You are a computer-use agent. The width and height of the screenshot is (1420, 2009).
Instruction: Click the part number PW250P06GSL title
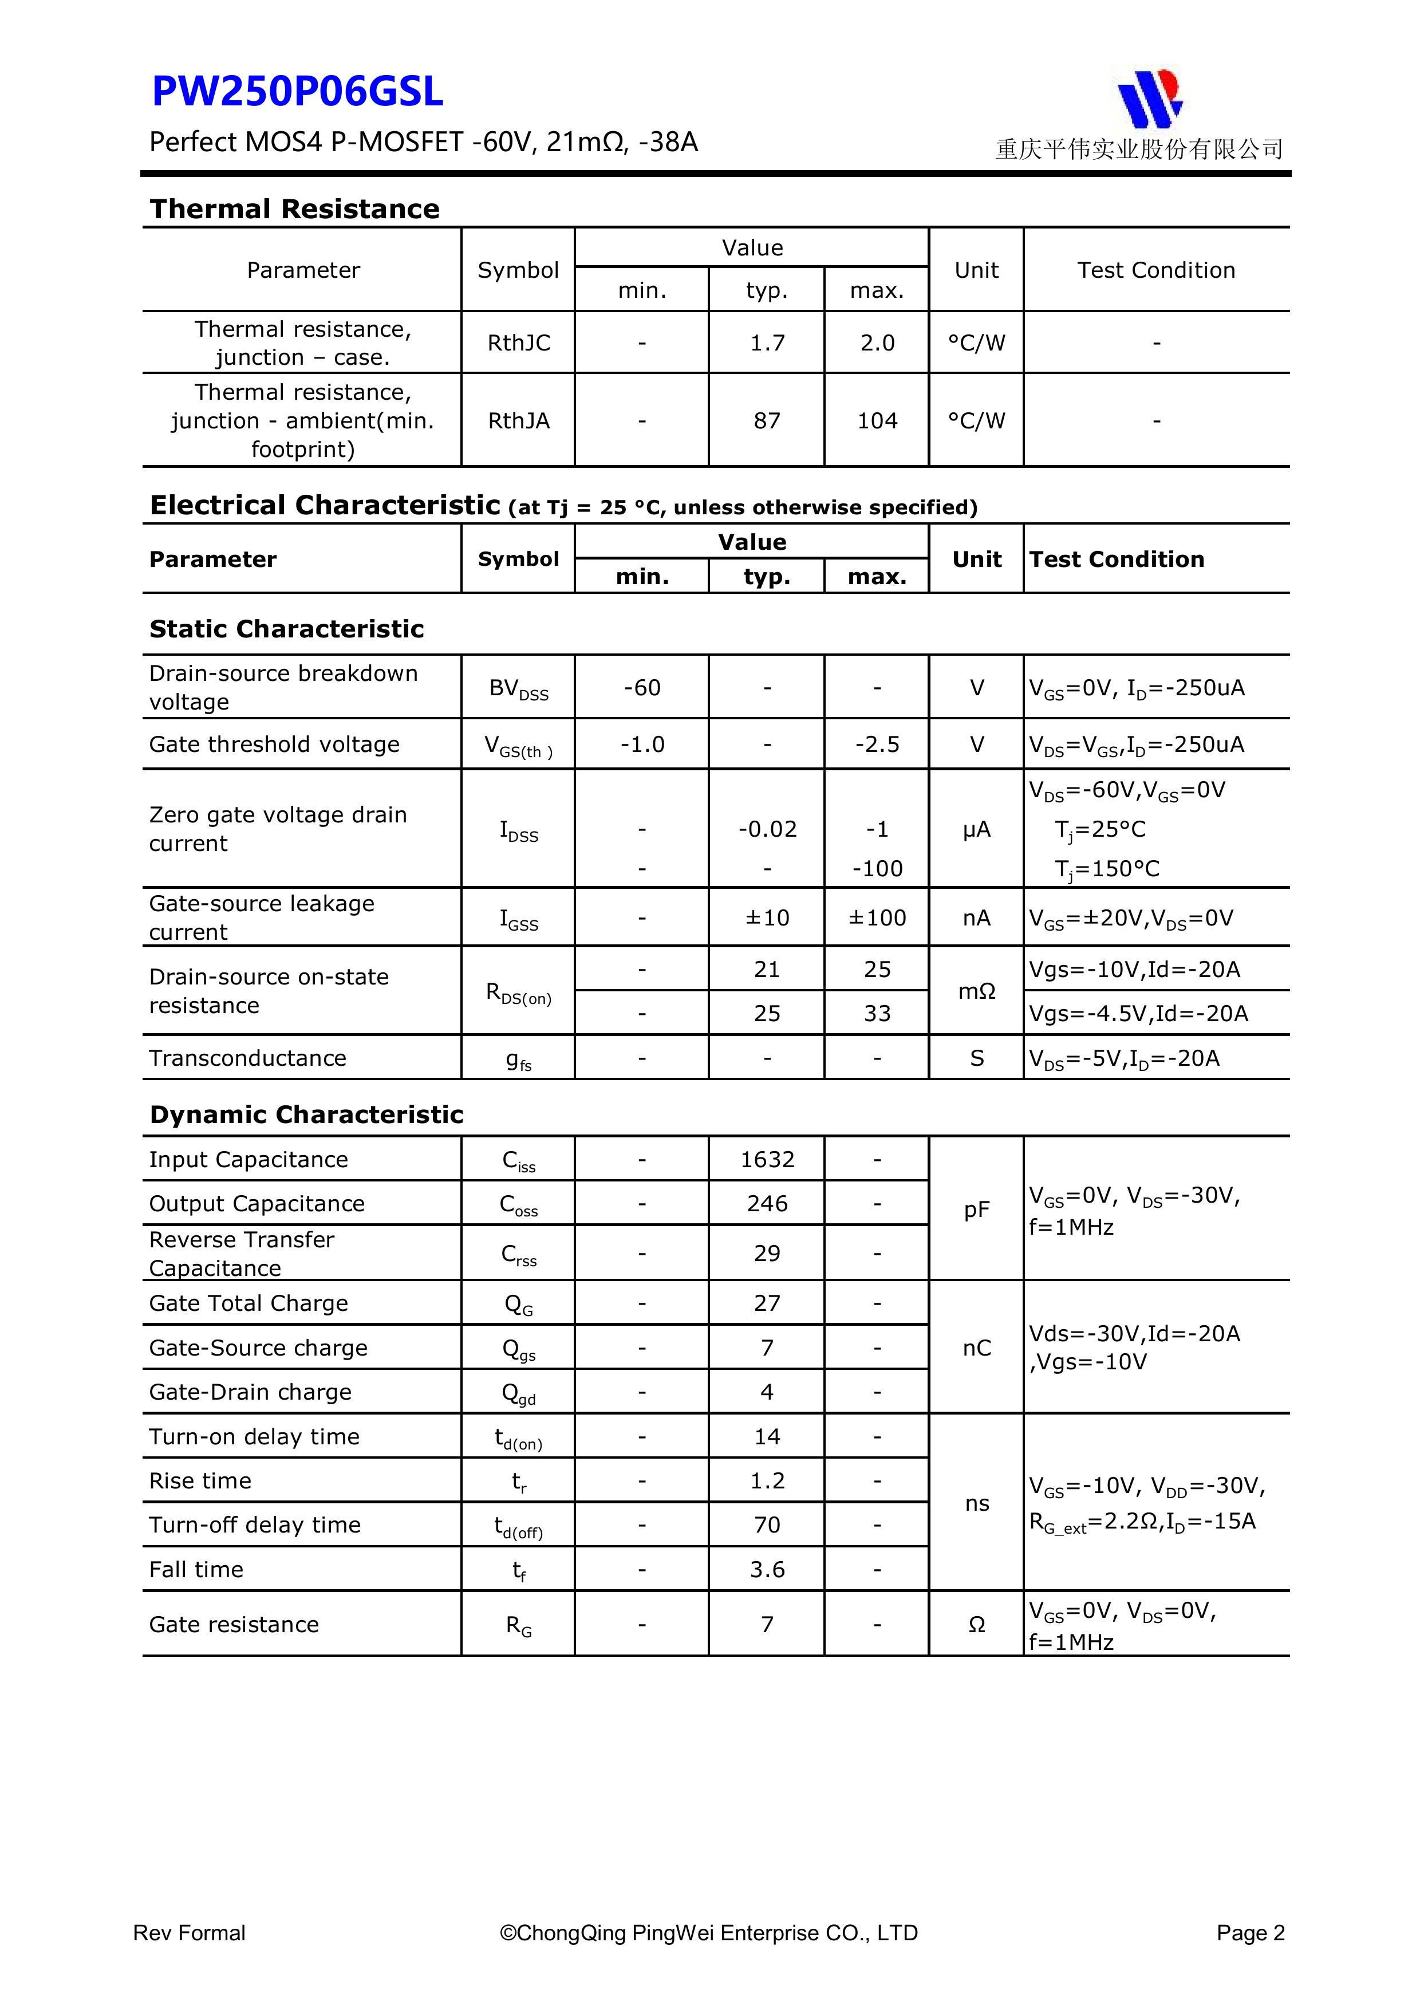(x=298, y=92)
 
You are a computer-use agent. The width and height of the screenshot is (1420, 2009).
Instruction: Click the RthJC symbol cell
(x=518, y=343)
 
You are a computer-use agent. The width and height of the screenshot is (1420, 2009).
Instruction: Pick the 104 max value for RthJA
(x=877, y=421)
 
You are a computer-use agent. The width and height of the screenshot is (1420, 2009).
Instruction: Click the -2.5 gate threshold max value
(x=877, y=744)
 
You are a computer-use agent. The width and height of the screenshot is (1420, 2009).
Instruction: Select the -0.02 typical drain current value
(x=767, y=829)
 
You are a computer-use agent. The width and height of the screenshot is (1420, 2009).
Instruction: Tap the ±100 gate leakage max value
(x=877, y=918)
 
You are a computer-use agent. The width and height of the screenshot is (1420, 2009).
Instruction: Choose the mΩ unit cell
(x=976, y=991)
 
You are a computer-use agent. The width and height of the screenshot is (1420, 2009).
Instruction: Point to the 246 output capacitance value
(x=767, y=1204)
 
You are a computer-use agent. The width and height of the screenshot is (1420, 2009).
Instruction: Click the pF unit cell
(x=976, y=1210)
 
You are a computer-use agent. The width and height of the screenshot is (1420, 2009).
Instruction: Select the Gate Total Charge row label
(x=249, y=1304)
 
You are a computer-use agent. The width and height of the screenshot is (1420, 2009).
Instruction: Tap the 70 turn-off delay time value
(x=767, y=1525)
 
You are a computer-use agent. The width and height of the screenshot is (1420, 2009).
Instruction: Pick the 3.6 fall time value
(x=767, y=1570)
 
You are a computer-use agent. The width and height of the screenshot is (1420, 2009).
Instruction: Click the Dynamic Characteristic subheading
(x=306, y=1115)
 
